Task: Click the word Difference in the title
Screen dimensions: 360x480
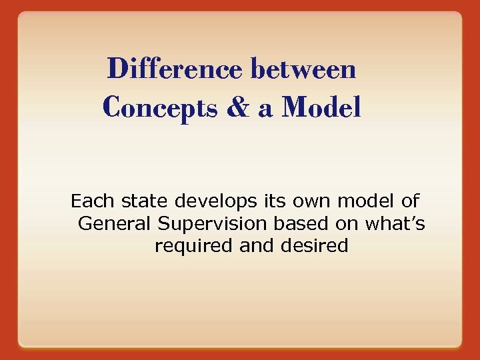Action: pyautogui.click(x=175, y=69)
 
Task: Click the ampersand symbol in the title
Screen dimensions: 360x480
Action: pyautogui.click(x=237, y=107)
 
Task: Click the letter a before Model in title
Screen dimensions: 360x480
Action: pyautogui.click(x=265, y=109)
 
